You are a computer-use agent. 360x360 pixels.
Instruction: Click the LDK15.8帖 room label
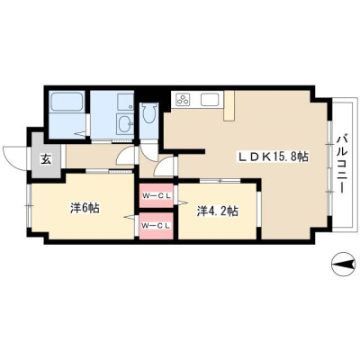click(x=274, y=157)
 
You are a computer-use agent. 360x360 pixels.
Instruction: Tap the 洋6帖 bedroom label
click(x=85, y=208)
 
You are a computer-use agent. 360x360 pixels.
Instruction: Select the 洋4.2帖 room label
click(x=218, y=211)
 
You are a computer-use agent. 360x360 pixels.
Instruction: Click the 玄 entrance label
click(x=45, y=158)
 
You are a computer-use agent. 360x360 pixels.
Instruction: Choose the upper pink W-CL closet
click(x=157, y=195)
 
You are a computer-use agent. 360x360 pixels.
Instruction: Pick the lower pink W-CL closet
click(x=157, y=226)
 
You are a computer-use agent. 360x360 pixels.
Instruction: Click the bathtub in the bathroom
click(x=67, y=102)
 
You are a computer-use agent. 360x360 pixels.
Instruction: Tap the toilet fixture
click(x=150, y=112)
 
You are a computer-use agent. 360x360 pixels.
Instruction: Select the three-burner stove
click(x=183, y=99)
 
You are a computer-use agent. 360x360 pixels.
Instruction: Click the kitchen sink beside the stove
click(x=210, y=99)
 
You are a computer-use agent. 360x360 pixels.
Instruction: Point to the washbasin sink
click(x=125, y=122)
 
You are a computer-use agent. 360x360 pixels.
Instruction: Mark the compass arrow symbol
click(x=343, y=264)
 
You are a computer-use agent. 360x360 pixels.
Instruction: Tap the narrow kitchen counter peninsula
click(x=229, y=105)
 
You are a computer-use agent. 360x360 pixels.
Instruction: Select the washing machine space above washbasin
click(x=125, y=102)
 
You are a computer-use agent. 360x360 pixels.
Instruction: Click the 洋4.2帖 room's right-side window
click(x=259, y=209)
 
